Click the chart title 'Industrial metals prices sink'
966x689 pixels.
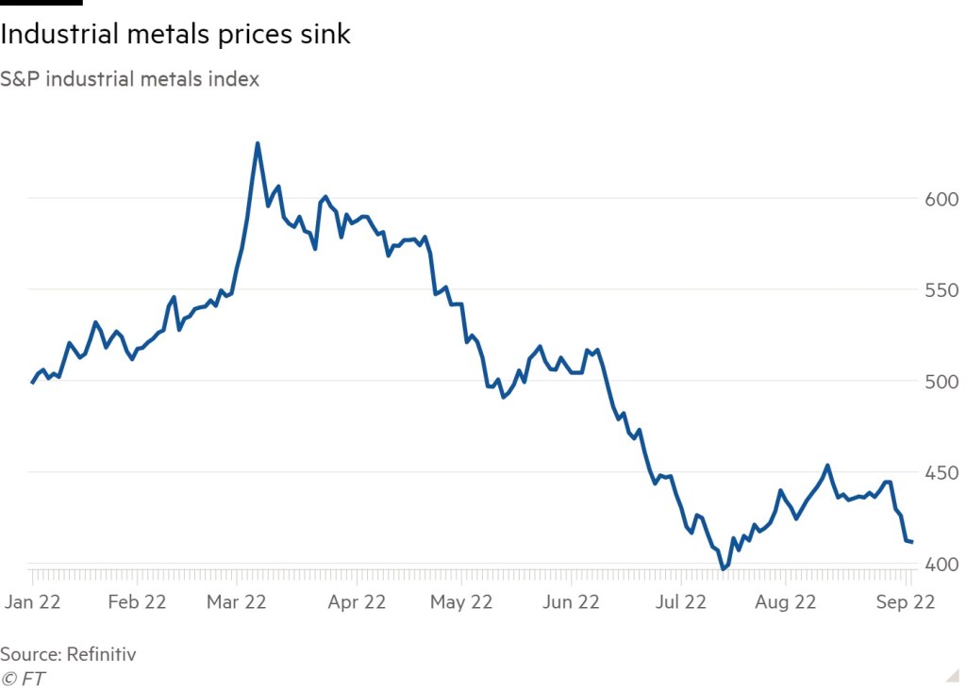[x=175, y=35]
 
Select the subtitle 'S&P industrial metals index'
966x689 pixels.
[x=129, y=79]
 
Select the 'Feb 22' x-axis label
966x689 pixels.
[x=138, y=602]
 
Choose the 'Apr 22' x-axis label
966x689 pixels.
[x=356, y=602]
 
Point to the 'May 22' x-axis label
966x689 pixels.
[x=462, y=602]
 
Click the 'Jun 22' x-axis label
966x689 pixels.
[x=572, y=602]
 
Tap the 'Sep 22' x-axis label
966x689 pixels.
[x=906, y=602]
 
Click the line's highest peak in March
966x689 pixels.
[x=258, y=143]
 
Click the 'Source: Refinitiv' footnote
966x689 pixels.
[x=68, y=653]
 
